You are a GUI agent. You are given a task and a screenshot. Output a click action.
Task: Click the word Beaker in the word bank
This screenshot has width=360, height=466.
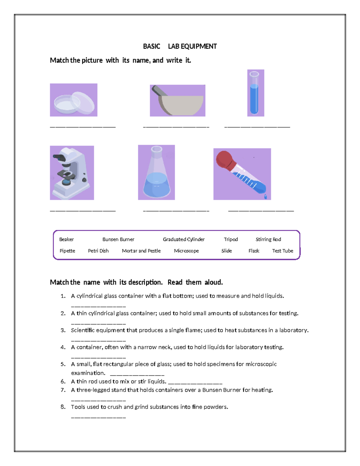(66, 239)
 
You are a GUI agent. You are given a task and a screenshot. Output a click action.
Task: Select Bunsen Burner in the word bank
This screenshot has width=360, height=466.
(118, 239)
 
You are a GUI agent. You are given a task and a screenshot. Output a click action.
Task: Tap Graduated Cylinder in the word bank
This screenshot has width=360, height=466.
(184, 239)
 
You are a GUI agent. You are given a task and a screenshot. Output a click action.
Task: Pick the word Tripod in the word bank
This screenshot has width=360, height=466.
(231, 239)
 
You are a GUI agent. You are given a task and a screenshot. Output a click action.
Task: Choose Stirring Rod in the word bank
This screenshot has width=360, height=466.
(268, 239)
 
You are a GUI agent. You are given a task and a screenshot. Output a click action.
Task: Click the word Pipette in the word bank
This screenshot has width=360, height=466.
(67, 251)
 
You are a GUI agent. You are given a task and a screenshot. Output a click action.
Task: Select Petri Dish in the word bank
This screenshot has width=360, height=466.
(98, 251)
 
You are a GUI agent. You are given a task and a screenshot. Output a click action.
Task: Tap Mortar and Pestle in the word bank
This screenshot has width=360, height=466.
(141, 251)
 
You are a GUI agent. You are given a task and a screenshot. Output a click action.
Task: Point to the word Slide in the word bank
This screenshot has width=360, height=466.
(226, 251)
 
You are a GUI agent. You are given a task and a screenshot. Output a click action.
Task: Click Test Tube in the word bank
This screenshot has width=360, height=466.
(283, 251)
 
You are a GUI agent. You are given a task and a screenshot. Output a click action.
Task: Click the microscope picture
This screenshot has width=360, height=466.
(72, 173)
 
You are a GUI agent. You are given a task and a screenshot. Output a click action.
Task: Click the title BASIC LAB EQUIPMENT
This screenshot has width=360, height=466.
(180, 47)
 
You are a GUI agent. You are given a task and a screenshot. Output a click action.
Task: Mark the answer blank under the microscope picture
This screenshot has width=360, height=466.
(82, 210)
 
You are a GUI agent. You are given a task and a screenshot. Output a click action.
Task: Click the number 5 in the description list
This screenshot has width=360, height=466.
(63, 364)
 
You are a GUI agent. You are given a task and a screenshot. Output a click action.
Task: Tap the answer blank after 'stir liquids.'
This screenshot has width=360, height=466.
(195, 383)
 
